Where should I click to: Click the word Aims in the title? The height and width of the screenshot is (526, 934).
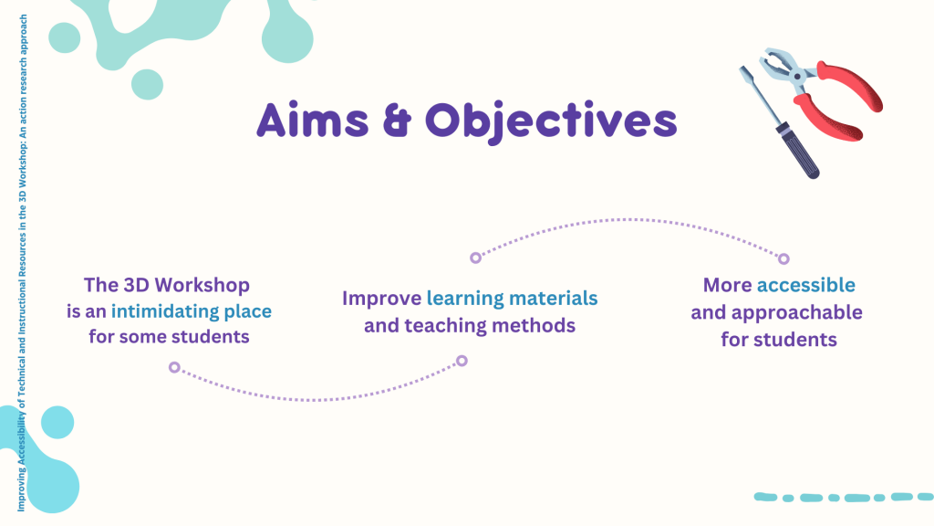click(313, 121)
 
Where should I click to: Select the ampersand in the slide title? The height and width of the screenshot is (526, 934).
click(398, 121)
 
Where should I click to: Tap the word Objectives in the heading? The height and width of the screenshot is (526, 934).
click(551, 122)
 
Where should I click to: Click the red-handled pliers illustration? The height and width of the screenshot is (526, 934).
click(822, 92)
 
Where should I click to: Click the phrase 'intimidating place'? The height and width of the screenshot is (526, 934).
click(192, 311)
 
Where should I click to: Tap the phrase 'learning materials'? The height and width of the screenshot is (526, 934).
click(512, 299)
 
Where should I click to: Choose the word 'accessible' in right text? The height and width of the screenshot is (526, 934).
click(806, 285)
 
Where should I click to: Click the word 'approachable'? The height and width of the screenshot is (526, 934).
click(797, 312)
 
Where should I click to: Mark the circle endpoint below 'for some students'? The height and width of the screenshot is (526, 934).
click(174, 367)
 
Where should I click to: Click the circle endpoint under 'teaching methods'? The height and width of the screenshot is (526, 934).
click(462, 361)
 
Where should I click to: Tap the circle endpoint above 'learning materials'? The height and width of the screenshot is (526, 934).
click(475, 258)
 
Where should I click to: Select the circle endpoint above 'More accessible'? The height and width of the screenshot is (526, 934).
click(784, 258)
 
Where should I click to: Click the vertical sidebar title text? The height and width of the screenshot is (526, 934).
click(22, 263)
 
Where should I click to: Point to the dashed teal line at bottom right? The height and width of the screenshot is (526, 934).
click(844, 498)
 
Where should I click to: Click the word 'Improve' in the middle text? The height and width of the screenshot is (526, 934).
click(382, 299)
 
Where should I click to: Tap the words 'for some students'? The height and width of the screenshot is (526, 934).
click(169, 337)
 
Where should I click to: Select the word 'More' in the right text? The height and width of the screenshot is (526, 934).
click(727, 285)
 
